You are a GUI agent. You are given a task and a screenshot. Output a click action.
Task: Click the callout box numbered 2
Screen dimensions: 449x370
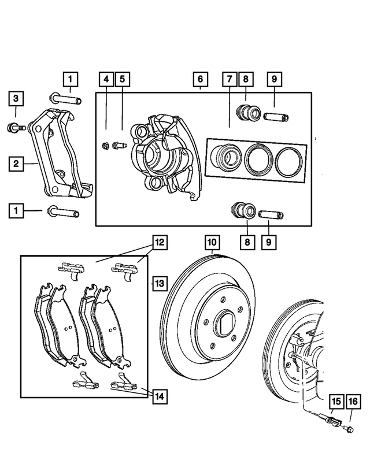pos(17,164)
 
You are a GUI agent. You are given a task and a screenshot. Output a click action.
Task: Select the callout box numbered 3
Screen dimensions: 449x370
pos(17,99)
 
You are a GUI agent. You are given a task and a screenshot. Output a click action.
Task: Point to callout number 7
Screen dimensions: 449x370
pos(230,79)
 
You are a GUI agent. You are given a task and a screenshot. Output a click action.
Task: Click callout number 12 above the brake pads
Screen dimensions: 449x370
pos(160,242)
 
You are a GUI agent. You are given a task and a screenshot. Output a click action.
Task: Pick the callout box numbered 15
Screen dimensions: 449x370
pos(336,400)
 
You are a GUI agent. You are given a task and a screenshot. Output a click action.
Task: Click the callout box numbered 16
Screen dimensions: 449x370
pos(353,400)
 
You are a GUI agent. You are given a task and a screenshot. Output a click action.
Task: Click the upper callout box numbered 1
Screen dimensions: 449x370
pos(69,79)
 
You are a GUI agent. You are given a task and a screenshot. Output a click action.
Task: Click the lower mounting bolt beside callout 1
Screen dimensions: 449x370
pos(62,212)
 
